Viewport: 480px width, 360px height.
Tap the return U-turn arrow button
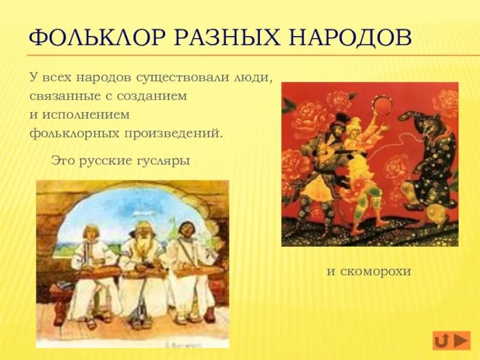(x=442, y=341)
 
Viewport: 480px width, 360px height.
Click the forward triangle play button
(x=461, y=341)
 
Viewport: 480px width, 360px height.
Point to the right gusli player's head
(x=186, y=229)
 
